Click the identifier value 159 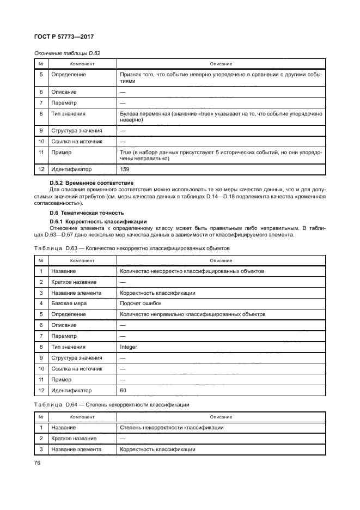pos(125,169)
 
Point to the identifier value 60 pos(123,390)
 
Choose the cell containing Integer pos(129,347)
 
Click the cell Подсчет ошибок pos(141,303)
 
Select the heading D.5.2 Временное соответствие pos(92,182)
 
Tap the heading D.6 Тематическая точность pos(87,212)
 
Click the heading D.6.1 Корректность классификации pos(97,221)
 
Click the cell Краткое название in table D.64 pos(74,438)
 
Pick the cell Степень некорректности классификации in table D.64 pos(172,427)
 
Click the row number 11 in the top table pos(41,153)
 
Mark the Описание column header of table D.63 pos(221,260)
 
